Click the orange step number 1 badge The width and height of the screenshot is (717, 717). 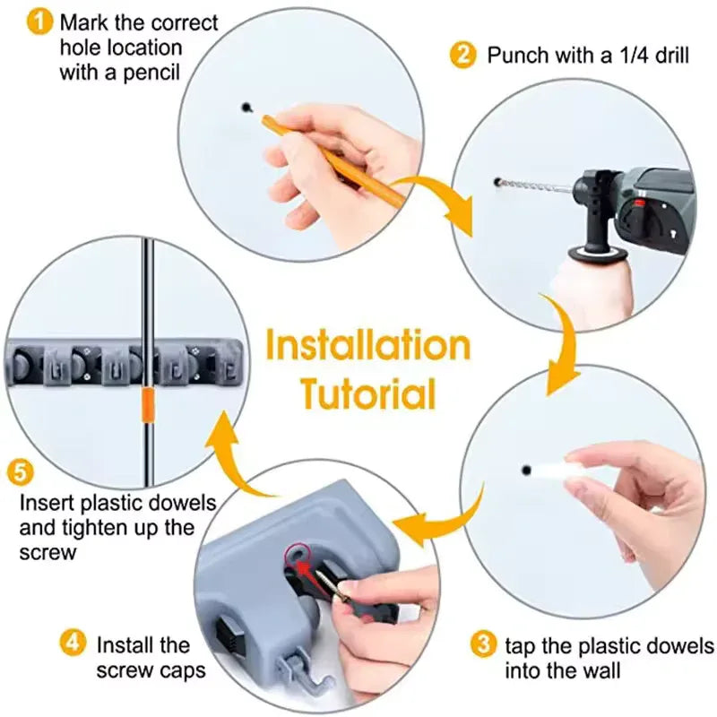[x=39, y=22]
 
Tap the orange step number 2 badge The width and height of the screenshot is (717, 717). [x=462, y=56]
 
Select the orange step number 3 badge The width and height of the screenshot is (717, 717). [x=484, y=644]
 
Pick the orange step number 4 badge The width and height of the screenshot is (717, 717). [x=73, y=644]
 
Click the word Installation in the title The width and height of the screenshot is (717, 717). [x=368, y=347]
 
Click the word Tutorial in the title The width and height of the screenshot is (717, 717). [x=368, y=394]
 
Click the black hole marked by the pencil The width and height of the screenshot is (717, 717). [x=246, y=108]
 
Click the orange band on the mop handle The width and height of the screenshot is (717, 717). [x=148, y=405]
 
